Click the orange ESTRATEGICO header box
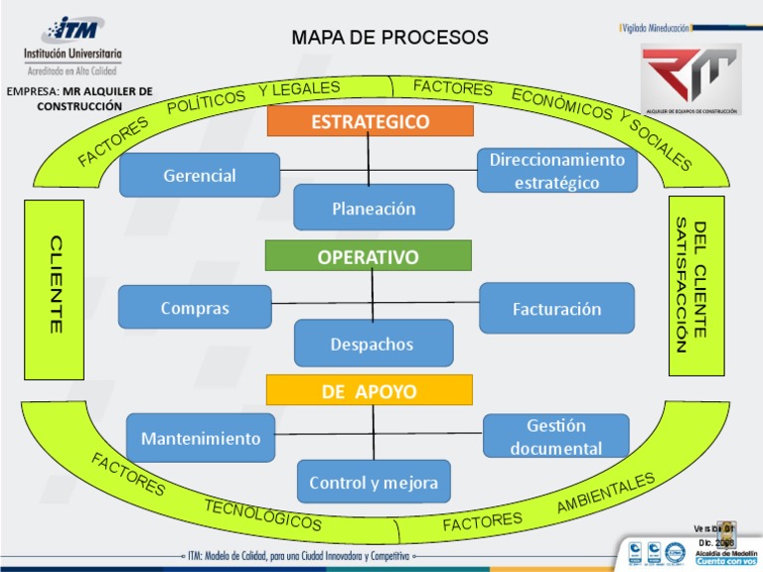pyautogui.click(x=370, y=121)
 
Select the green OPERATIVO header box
pyautogui.click(x=368, y=256)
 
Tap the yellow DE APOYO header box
pyautogui.click(x=369, y=390)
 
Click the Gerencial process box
pyautogui.click(x=200, y=175)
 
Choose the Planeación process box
pyautogui.click(x=374, y=208)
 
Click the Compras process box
pyautogui.click(x=195, y=307)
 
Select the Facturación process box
pyautogui.click(x=556, y=308)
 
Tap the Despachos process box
pyautogui.click(x=373, y=344)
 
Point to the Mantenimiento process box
pyautogui.click(x=201, y=437)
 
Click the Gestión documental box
pyautogui.click(x=555, y=436)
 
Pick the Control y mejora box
pyautogui.click(x=373, y=482)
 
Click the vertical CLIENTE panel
pyautogui.click(x=54, y=288)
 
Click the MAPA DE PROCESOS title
pyautogui.click(x=389, y=38)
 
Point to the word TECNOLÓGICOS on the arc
pyautogui.click(x=262, y=513)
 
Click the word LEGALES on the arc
pyautogui.click(x=299, y=89)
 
